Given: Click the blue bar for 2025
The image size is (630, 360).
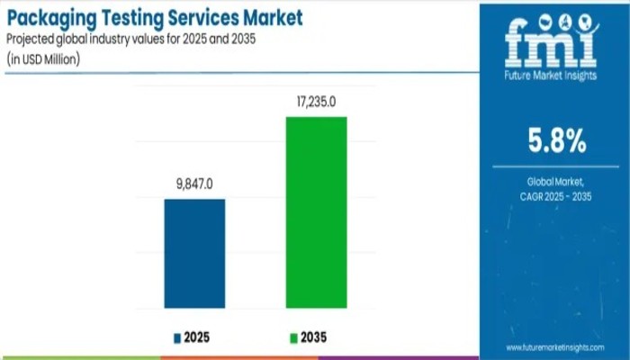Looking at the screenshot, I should click(x=194, y=254).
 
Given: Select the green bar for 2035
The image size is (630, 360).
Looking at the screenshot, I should click(x=316, y=212).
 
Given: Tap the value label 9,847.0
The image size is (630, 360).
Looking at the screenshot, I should click(x=194, y=184).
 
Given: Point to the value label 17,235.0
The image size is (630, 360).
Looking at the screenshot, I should click(x=316, y=103).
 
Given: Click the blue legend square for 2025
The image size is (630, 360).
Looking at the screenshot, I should click(x=177, y=338).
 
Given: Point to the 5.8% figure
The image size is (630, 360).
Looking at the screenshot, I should click(x=556, y=141).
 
